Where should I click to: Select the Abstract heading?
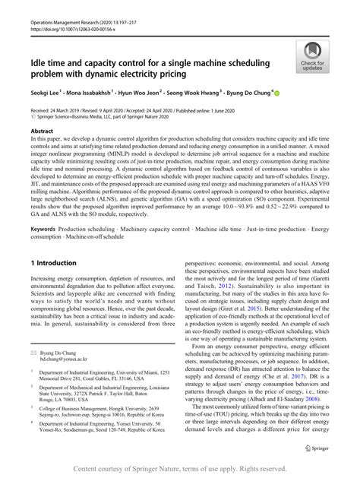[43, 131]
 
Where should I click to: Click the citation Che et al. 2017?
[286, 375]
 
